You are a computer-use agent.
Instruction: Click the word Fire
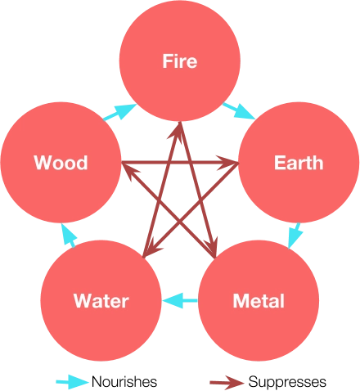pyautogui.click(x=180, y=61)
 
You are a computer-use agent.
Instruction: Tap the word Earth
pyautogui.click(x=298, y=162)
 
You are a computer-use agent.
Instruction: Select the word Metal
pyautogui.click(x=259, y=301)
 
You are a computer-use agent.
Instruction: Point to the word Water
pyautogui.click(x=101, y=301)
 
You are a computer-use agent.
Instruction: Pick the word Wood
pyautogui.click(x=61, y=162)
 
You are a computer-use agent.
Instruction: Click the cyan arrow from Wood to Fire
pyautogui.click(x=119, y=110)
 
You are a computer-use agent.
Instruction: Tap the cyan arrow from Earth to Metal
pyautogui.click(x=296, y=235)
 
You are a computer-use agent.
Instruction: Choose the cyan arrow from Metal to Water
pyautogui.click(x=180, y=301)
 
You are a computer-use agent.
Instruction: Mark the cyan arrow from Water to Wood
pyautogui.click(x=69, y=236)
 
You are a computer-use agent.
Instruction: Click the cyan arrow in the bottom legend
pyautogui.click(x=72, y=382)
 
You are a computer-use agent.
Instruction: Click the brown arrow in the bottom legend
pyautogui.click(x=228, y=382)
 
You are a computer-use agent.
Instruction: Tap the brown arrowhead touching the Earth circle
pyautogui.click(x=232, y=166)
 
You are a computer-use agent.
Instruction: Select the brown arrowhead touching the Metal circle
pyautogui.click(x=214, y=249)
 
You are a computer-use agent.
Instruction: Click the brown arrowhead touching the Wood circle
pyautogui.click(x=128, y=166)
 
